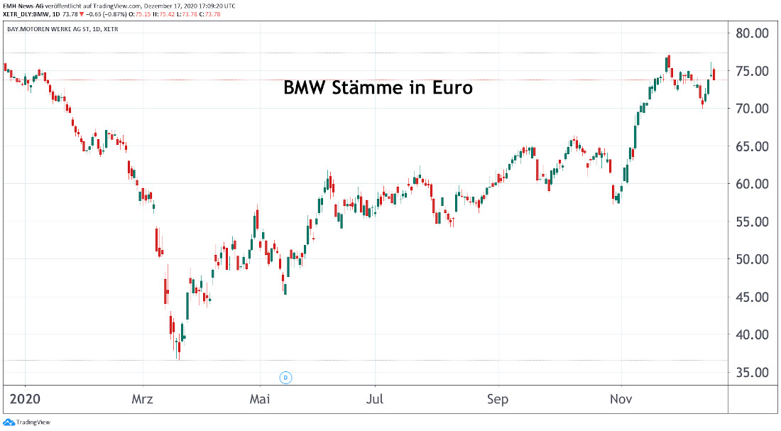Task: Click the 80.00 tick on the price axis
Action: (753, 33)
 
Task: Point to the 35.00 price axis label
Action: (753, 372)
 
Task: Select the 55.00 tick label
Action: (753, 222)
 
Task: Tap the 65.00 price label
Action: (753, 146)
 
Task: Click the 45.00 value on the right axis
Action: (753, 297)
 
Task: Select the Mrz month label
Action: (143, 400)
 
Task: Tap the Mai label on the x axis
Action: (260, 400)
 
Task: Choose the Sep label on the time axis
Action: (498, 400)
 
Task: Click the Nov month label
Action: (621, 400)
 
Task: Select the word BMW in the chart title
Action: (305, 89)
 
